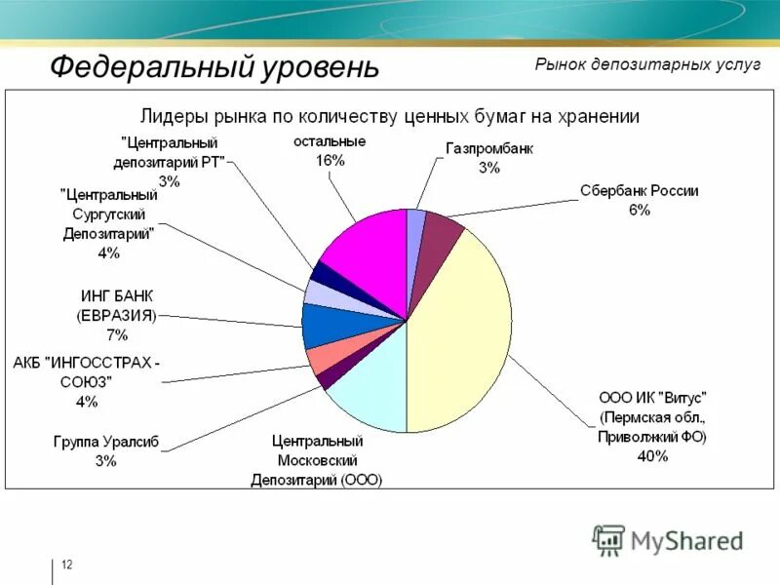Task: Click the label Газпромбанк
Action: [x=489, y=149]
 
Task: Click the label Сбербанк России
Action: [x=640, y=191]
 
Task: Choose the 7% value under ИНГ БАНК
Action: [x=117, y=335]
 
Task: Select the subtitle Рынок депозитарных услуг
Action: [x=647, y=64]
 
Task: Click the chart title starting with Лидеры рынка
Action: [x=391, y=117]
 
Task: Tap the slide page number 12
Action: [x=66, y=565]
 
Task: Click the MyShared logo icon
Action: [x=608, y=539]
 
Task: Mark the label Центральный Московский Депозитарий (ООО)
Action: [x=316, y=460]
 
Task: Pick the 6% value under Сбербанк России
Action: [x=640, y=210]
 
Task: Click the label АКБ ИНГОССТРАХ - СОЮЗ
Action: [x=88, y=371]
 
